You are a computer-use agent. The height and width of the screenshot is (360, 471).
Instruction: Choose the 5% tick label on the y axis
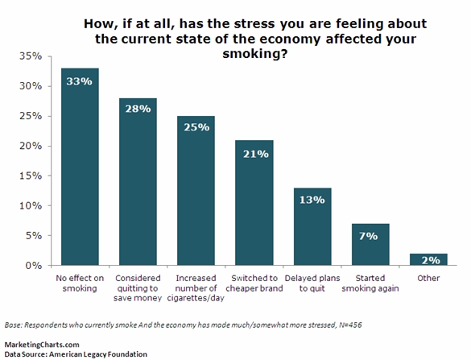coord(32,235)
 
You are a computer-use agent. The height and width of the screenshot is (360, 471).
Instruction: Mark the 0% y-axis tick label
coord(32,265)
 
